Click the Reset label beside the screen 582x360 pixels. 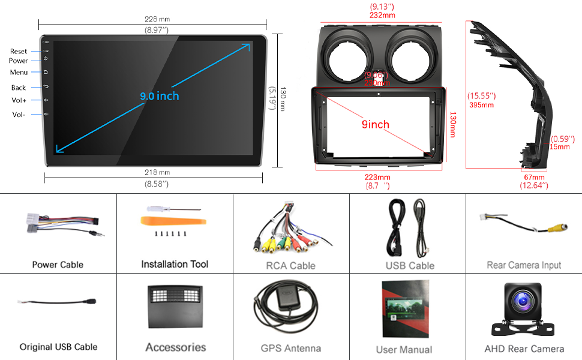point(19,52)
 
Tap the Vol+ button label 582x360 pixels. point(19,100)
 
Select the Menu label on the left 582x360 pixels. point(19,73)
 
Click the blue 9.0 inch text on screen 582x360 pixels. point(160,96)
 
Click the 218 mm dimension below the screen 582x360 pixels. point(157,172)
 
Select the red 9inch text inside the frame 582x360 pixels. point(375,125)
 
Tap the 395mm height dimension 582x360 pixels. point(481,105)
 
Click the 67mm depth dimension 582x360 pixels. point(534,178)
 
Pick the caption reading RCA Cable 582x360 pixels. point(290,265)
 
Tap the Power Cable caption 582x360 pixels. point(58,265)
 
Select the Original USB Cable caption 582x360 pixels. point(58,347)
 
